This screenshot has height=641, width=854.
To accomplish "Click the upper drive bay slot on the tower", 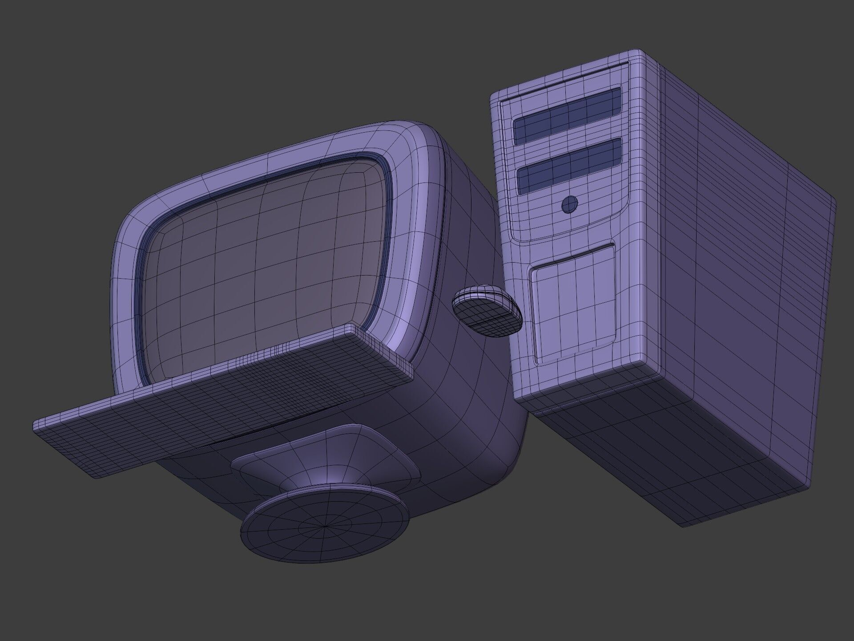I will [x=568, y=115].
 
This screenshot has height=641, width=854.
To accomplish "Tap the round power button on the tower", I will [x=570, y=204].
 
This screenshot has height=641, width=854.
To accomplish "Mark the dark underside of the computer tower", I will [x=667, y=445].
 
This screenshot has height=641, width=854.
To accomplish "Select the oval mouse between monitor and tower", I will [x=486, y=310].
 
